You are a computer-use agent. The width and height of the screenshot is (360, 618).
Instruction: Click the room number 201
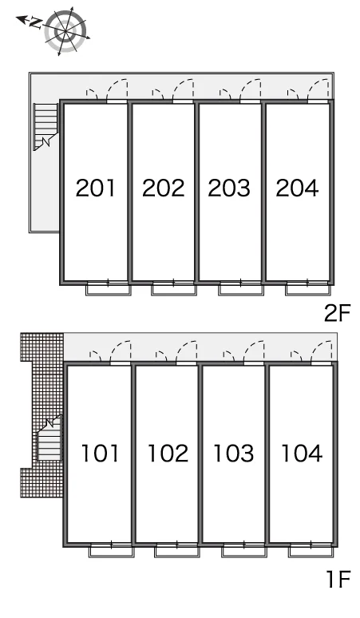coord(96,188)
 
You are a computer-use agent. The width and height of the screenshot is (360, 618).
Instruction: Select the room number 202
coord(163,188)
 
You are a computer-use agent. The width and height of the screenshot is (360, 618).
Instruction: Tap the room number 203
coord(229,188)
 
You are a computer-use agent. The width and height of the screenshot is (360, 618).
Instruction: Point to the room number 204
coord(297,188)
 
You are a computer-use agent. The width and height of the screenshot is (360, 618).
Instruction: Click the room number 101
coord(100,454)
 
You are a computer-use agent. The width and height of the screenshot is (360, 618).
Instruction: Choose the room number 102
coord(168,454)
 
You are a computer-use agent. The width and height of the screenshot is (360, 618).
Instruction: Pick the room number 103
coord(234,454)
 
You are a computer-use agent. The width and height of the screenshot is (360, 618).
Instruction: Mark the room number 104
coord(302,454)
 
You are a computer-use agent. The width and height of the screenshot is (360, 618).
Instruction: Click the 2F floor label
coord(337,313)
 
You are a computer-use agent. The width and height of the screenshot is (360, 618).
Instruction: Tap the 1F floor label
coord(338,579)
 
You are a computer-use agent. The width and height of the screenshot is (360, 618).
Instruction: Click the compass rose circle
coord(65,31)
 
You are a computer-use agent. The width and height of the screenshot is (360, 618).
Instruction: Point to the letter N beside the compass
coord(35,23)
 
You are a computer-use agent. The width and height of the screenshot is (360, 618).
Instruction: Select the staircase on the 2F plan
coord(45,126)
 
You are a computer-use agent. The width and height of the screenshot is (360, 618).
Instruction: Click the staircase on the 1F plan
coord(49,438)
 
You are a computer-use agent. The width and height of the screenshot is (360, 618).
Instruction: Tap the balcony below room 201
coord(109,288)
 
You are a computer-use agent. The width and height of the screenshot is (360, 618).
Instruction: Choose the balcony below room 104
coord(311,550)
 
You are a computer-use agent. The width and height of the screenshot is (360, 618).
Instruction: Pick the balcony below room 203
coord(241,288)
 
